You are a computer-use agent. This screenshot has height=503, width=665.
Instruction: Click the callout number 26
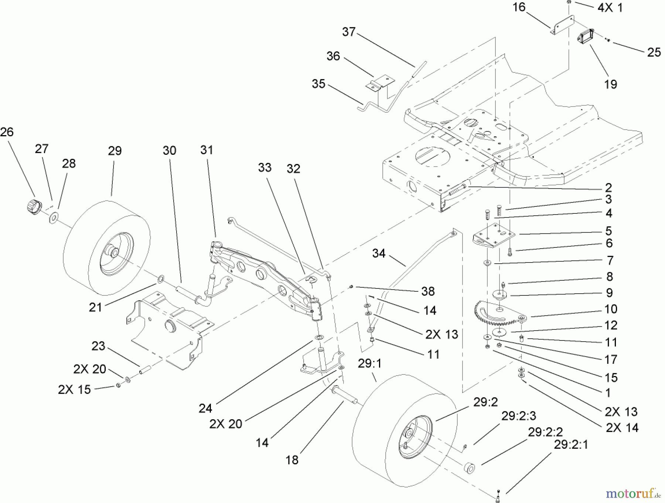click(7, 132)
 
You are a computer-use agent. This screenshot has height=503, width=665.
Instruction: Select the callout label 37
click(348, 32)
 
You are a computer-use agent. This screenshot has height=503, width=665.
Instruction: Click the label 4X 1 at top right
click(610, 8)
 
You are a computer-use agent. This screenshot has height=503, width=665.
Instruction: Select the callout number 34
click(379, 254)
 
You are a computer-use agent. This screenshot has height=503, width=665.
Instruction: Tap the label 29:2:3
click(518, 416)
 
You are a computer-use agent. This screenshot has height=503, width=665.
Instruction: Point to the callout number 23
click(99, 346)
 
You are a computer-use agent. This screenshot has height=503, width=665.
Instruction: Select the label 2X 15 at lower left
click(74, 390)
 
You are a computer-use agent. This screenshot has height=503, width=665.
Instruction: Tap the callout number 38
click(427, 291)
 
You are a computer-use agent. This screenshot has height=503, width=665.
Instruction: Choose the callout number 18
click(292, 460)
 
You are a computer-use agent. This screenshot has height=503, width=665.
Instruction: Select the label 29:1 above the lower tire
click(370, 364)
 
